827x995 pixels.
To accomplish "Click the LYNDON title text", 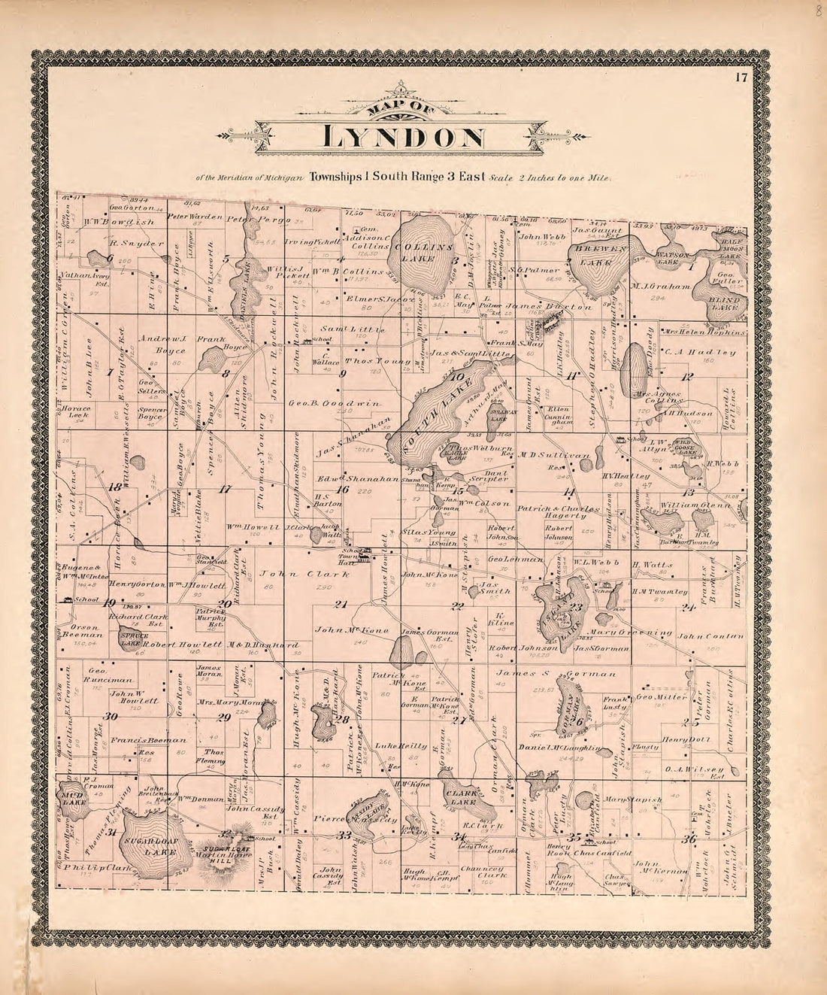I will pyautogui.click(x=403, y=138).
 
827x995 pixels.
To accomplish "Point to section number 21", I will pyautogui.click(x=342, y=605).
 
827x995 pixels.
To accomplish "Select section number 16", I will pyautogui.click(x=343, y=490).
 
